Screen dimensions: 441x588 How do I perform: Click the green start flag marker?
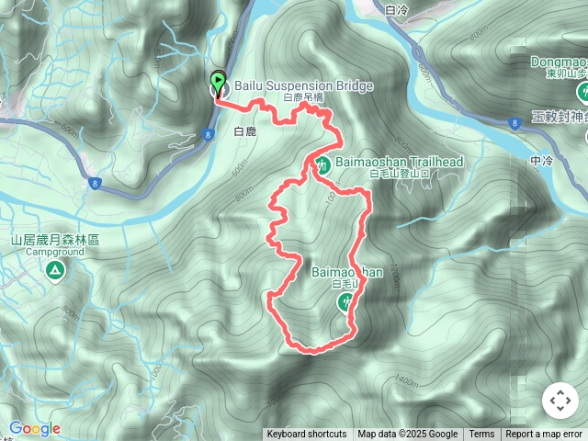point(219,82)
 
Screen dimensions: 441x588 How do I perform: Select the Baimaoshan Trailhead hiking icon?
point(323,164)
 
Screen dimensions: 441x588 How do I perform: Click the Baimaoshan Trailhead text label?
point(399,162)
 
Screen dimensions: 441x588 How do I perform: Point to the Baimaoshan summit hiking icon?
point(347,300)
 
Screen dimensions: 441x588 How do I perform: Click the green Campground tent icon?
point(54,270)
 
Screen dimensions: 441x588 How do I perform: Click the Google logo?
point(35,428)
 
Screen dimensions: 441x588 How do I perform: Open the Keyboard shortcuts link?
point(307,435)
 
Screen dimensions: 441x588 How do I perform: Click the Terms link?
point(481,435)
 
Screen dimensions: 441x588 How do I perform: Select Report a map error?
point(544,435)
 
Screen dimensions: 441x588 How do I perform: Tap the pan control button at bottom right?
point(560,401)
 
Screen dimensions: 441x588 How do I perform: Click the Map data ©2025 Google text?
point(407,435)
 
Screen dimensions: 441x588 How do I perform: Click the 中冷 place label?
point(541,160)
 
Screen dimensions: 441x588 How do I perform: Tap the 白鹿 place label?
point(245,132)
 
